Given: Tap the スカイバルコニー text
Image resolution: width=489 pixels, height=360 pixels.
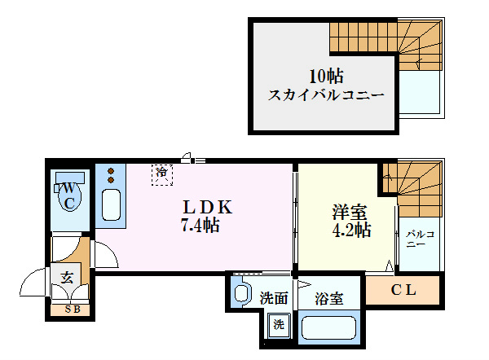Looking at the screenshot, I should (326, 95).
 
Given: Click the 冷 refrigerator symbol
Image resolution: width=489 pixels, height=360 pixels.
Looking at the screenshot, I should (162, 173).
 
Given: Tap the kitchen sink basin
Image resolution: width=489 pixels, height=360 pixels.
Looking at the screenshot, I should (112, 204).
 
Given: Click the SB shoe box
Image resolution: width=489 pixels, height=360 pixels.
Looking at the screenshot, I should (72, 309).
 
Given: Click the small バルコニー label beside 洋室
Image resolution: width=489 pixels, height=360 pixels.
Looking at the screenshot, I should (416, 239).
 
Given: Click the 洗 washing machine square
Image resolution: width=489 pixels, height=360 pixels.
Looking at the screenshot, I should (280, 324).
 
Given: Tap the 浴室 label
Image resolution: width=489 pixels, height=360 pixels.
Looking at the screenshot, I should (328, 299).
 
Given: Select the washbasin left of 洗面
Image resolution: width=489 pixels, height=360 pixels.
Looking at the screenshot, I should (242, 292).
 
